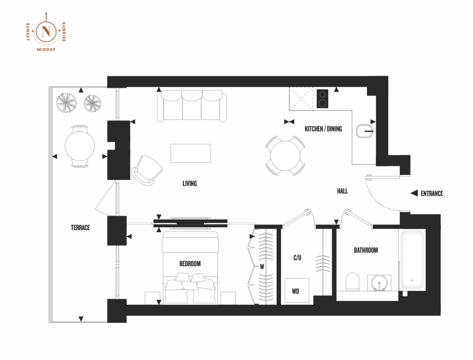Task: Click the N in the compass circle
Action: pos(46,32)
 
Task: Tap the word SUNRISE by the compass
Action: pos(64,32)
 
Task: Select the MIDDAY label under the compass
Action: pos(46,50)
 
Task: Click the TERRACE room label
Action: pos(80,228)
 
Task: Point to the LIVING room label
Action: pos(190,184)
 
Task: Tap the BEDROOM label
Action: pos(190,264)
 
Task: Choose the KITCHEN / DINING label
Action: pos(323,129)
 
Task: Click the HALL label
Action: pos(342,191)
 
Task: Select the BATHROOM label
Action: pos(366,250)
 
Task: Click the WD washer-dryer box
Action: pos(297,291)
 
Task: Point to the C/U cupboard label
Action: pos(298,258)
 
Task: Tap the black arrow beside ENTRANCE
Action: pos(414,193)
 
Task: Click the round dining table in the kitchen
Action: pos(285,156)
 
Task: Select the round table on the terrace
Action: pos(80,146)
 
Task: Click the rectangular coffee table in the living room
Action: pos(190,153)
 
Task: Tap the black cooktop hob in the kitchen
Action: pos(323,98)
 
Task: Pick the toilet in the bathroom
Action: pos(352,282)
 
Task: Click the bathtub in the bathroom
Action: pos(412,260)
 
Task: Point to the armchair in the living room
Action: pos(147,170)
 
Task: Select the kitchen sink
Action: pos(365,131)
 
